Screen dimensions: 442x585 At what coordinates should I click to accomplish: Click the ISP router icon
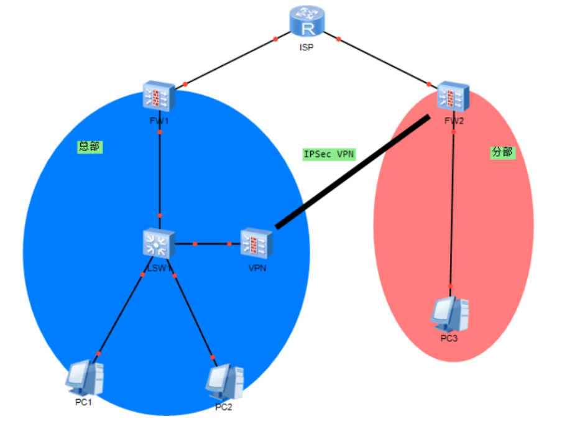306,24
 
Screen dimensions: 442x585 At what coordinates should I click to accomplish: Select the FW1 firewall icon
159,97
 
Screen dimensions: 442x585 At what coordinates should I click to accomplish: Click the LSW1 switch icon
159,243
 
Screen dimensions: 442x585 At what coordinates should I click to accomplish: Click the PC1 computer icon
85,378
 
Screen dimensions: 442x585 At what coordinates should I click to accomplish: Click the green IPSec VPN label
329,154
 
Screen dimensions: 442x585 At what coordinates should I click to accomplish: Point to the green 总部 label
89,147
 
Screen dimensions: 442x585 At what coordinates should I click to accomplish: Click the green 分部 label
502,152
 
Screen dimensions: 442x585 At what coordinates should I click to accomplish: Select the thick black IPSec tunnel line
352,173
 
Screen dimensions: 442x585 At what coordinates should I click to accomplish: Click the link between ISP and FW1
230,62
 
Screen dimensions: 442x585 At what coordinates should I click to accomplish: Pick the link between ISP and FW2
384,62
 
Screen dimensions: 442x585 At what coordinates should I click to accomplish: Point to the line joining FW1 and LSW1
160,174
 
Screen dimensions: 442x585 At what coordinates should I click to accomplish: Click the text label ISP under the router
306,47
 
